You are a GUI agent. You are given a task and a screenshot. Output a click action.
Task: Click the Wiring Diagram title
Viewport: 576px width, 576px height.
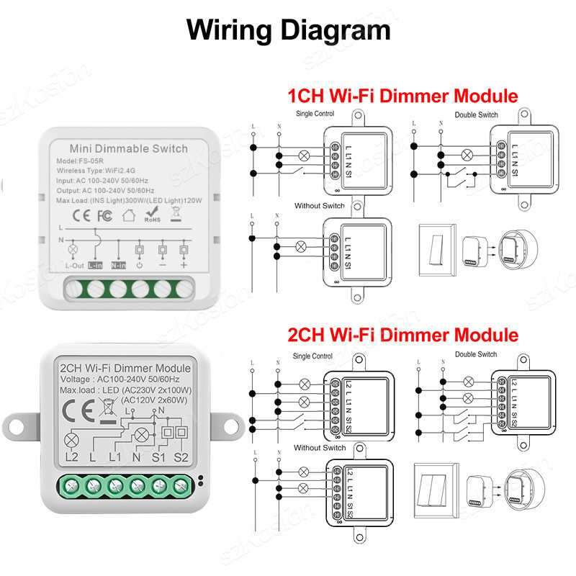coord(288,30)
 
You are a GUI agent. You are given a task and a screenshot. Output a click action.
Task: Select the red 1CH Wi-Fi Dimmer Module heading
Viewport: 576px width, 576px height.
coord(402,96)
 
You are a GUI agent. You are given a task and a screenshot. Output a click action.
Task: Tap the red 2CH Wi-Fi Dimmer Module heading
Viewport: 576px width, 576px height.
coord(402,335)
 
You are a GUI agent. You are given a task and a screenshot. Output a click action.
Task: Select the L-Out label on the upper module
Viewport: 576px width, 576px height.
coord(75,266)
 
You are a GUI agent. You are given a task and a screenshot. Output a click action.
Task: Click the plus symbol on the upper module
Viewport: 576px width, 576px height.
coord(184,266)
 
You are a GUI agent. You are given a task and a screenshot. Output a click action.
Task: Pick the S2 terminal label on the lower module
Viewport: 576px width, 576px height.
coord(181,456)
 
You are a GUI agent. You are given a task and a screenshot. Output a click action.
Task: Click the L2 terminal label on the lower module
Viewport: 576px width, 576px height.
coord(71,456)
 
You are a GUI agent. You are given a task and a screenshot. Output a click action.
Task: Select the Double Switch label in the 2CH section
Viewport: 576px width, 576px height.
coord(476,354)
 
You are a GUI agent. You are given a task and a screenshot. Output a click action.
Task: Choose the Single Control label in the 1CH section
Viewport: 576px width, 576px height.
coord(314,114)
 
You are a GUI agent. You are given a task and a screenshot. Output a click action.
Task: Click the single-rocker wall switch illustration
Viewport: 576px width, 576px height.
coord(436,249)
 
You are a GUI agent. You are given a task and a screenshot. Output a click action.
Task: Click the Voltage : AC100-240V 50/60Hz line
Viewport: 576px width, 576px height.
coord(120,379)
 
